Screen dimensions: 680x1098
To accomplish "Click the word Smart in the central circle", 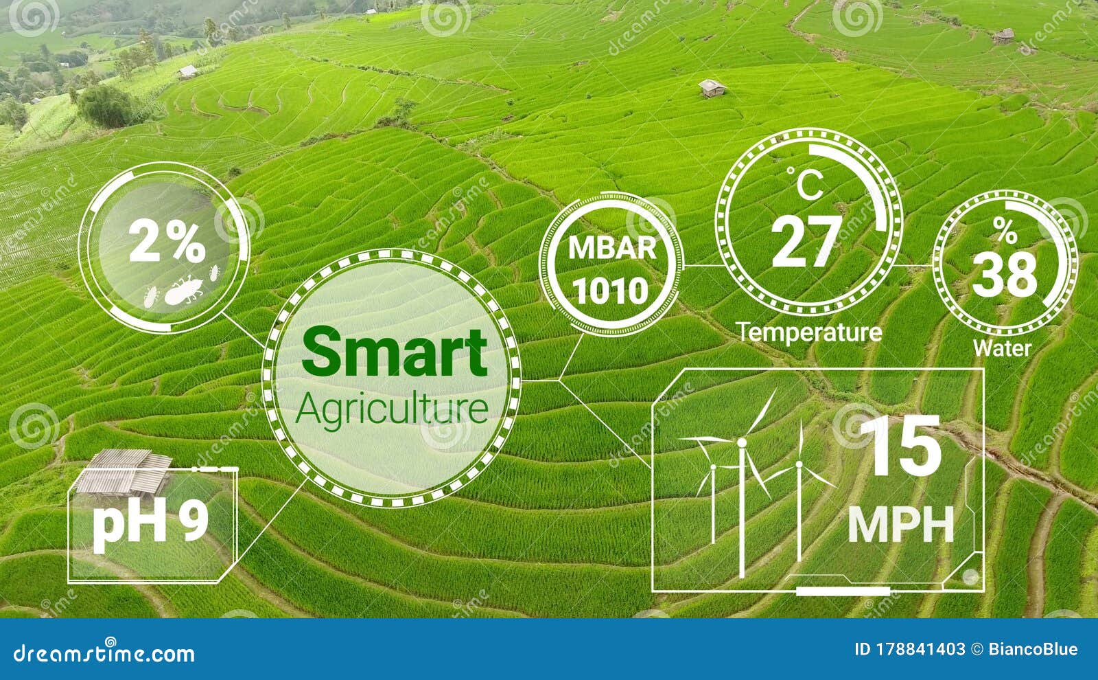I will pyautogui.click(x=394, y=352).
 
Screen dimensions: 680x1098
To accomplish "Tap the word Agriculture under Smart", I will pyautogui.click(x=393, y=409).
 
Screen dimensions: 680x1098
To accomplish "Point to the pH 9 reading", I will pyautogui.click(x=150, y=522).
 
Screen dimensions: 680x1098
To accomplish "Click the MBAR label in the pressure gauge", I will pyautogui.click(x=612, y=248).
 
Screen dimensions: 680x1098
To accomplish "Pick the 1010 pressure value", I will pyautogui.click(x=610, y=291).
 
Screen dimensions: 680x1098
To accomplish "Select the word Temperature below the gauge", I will pyautogui.click(x=810, y=332).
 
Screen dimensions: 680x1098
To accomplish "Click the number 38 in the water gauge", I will pyautogui.click(x=1005, y=275).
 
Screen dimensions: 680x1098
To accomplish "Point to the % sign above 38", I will pyautogui.click(x=1005, y=231).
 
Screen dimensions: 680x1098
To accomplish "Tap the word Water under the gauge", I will pyautogui.click(x=1002, y=348).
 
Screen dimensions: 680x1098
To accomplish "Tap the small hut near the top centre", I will pyautogui.click(x=712, y=88).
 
